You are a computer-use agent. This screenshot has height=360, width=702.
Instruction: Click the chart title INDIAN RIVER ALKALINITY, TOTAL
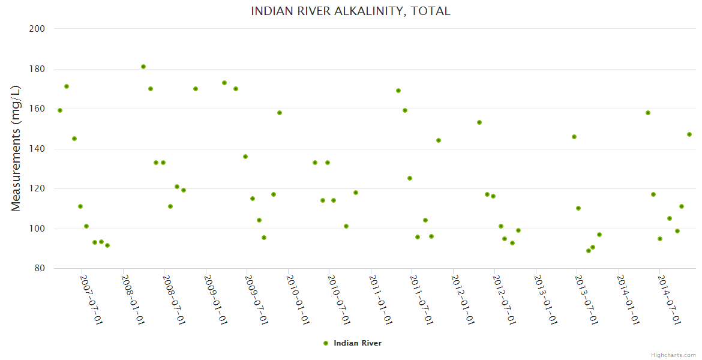350,11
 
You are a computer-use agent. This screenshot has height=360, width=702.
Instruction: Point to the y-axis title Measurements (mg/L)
16,148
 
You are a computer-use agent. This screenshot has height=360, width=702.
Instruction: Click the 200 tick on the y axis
38,28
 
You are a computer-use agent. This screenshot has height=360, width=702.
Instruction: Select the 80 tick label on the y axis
40,268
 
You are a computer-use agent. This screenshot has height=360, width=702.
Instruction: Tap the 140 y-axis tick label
38,148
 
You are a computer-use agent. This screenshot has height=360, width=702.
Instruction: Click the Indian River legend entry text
358,343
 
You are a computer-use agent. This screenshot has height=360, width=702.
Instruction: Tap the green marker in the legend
326,343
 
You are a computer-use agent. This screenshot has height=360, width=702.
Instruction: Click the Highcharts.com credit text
673,355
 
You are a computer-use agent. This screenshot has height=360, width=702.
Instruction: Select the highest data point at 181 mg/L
143,67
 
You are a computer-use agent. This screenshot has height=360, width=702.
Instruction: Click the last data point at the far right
689,134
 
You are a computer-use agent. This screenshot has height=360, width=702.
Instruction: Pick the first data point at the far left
60,110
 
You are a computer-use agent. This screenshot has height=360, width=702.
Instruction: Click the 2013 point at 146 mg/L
574,137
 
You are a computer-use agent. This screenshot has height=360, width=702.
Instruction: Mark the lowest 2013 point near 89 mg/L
589,251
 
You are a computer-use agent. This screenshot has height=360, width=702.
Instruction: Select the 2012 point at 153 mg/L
479,122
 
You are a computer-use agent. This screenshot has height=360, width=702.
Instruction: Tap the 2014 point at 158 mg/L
648,113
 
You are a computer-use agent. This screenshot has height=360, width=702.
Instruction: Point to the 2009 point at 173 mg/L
224,83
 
